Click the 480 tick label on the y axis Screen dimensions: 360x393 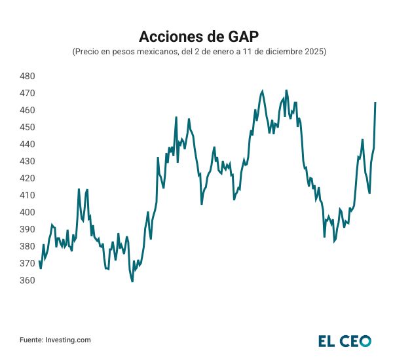pyautogui.click(x=28, y=76)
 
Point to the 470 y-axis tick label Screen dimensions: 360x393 pyautogui.click(x=28, y=93)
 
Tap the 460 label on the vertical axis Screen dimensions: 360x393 pyautogui.click(x=28, y=110)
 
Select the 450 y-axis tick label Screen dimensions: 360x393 pyautogui.click(x=28, y=127)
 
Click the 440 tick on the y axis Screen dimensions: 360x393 pyautogui.click(x=28, y=144)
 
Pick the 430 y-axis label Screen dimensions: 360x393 pyautogui.click(x=28, y=161)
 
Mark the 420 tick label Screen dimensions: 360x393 pyautogui.click(x=28, y=178)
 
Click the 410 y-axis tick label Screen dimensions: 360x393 pyautogui.click(x=28, y=195)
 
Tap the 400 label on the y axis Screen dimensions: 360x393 pyautogui.click(x=28, y=212)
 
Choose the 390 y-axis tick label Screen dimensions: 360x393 pyautogui.click(x=28, y=229)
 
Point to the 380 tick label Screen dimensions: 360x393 pyautogui.click(x=28, y=246)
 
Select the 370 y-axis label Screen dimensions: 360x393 pyautogui.click(x=28, y=263)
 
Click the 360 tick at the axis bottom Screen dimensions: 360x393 pyautogui.click(x=28, y=280)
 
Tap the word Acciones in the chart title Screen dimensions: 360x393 pyautogui.click(x=167, y=35)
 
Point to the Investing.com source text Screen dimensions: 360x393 pyautogui.click(x=67, y=340)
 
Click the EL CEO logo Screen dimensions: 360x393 pyautogui.click(x=345, y=340)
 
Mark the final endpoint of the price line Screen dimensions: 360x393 pyautogui.click(x=375, y=103)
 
